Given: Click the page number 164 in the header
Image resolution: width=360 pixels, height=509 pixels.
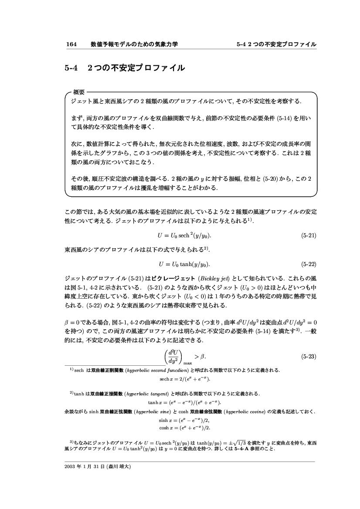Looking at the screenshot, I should (x=71, y=44).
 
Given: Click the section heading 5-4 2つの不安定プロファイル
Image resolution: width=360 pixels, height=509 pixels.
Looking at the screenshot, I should (x=125, y=68).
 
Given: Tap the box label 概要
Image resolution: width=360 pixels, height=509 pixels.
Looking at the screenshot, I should (x=79, y=92).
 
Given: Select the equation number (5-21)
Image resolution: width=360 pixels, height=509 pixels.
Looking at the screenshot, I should (x=309, y=236).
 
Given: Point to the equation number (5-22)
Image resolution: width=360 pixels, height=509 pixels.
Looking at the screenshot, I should (x=309, y=264).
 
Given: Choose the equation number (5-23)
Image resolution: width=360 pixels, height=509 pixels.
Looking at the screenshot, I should (x=309, y=357).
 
